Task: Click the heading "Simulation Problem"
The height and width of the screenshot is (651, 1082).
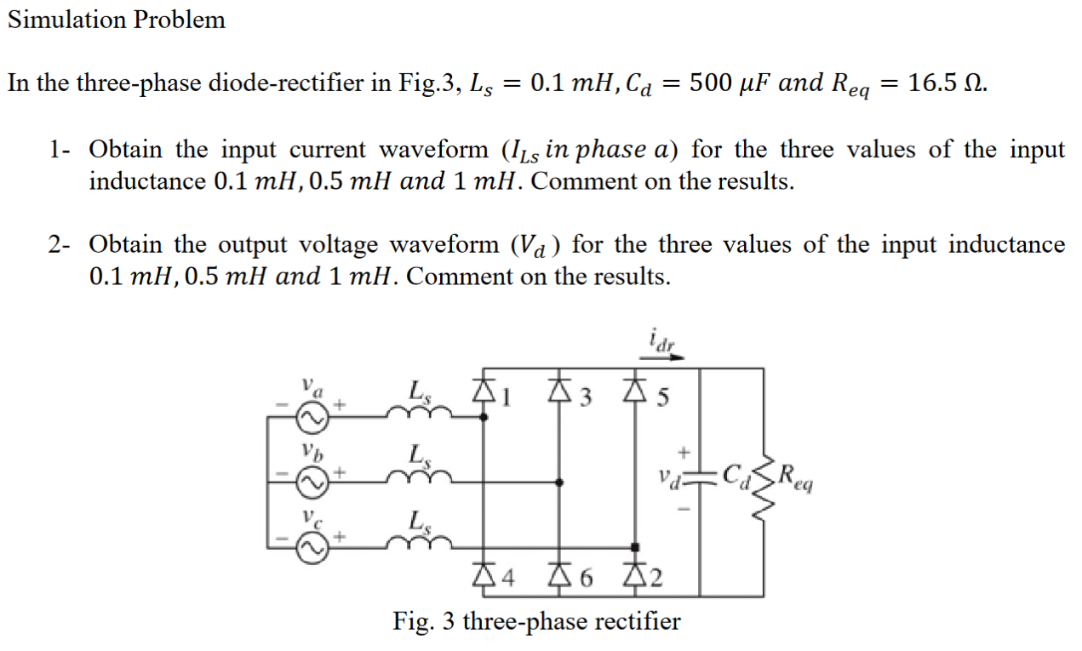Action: click(x=117, y=20)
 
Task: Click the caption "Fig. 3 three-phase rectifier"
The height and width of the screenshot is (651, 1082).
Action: click(x=536, y=621)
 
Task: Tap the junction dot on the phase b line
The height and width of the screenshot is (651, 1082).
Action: click(x=559, y=482)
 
